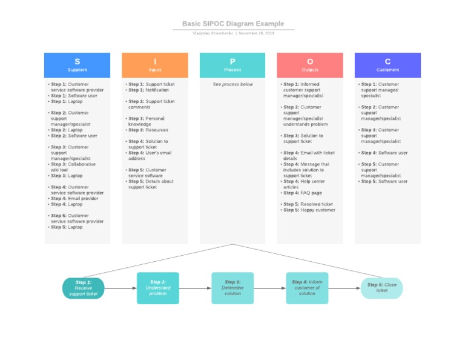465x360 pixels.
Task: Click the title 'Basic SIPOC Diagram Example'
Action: click(x=233, y=24)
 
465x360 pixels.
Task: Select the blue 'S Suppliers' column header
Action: click(x=77, y=65)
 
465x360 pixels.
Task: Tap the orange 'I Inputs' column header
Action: click(x=154, y=65)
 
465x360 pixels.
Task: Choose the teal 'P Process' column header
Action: click(x=232, y=65)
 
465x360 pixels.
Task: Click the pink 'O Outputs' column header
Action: click(x=310, y=65)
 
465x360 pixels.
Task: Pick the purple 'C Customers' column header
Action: click(x=387, y=65)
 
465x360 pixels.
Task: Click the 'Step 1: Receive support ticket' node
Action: click(x=84, y=288)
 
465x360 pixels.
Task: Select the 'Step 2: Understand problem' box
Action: click(x=158, y=288)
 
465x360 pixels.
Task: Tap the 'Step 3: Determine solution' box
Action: click(x=232, y=288)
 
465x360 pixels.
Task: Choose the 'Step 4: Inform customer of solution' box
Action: click(x=307, y=288)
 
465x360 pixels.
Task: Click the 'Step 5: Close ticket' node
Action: click(x=381, y=288)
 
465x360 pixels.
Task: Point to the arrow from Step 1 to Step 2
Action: click(x=120, y=288)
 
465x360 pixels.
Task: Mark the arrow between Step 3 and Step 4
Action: click(x=269, y=288)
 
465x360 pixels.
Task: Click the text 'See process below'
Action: click(x=232, y=84)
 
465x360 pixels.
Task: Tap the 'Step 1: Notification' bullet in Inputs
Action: click(x=148, y=90)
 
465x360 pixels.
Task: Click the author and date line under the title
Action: click(x=233, y=33)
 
